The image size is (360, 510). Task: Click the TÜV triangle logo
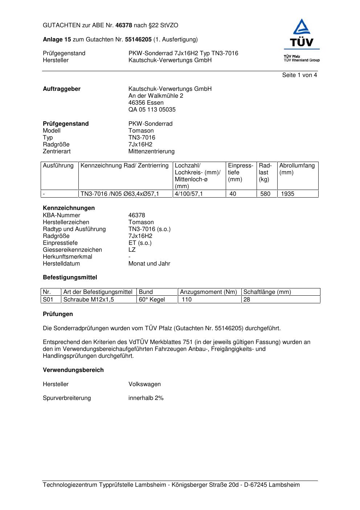point(302,27)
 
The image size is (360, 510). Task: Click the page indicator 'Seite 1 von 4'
point(299,75)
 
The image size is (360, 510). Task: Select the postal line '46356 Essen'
point(146,103)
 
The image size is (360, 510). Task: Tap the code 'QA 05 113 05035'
point(152,110)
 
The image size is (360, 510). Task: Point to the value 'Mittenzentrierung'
point(151,151)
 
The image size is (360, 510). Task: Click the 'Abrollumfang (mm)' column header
point(297,169)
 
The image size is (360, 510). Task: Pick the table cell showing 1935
point(288,194)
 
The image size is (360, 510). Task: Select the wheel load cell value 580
point(265,194)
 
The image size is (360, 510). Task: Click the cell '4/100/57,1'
point(189,194)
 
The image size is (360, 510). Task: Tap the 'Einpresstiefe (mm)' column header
point(240,173)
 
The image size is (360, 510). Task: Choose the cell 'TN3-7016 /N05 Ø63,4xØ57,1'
point(120,194)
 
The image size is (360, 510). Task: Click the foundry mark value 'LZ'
point(132,250)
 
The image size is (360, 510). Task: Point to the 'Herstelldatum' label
point(61,264)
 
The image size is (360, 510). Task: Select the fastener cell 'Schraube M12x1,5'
point(89,300)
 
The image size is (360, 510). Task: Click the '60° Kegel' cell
point(152,300)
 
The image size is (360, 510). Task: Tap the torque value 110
point(187,300)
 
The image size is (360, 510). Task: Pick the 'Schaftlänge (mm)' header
point(267,292)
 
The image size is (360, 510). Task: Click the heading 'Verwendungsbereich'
point(73,370)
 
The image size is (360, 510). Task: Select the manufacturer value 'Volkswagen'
point(144,384)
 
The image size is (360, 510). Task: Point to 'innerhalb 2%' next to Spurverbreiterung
point(146,398)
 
